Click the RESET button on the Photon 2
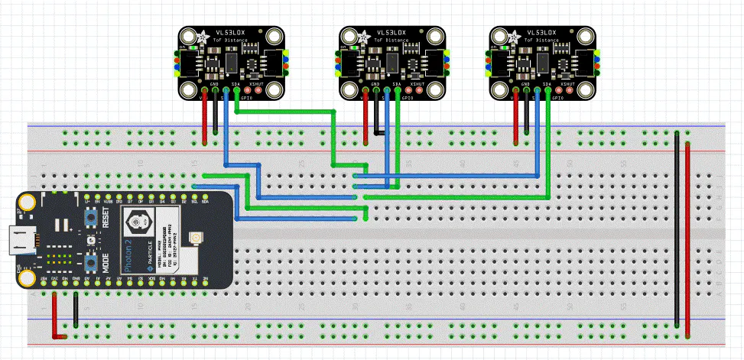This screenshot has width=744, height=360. coord(90,218)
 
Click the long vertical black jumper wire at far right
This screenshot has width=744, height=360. coord(677,229)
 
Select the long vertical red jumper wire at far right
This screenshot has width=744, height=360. coord(687,237)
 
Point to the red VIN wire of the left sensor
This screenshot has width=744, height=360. coord(204,118)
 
